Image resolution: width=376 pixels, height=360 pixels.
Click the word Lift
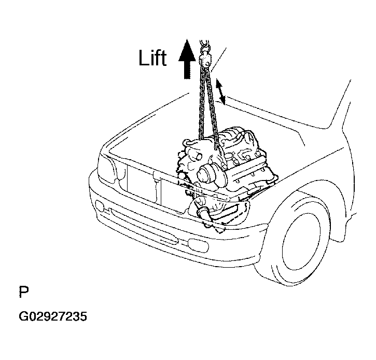coord(152,58)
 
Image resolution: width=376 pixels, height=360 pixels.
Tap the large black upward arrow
coord(187,59)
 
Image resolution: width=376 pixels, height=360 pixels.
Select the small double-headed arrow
coord(220,92)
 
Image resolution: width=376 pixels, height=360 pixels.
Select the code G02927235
coord(53,316)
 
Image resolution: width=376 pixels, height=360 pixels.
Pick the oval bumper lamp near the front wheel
coord(198,244)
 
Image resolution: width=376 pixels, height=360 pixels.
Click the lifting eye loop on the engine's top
coord(189,143)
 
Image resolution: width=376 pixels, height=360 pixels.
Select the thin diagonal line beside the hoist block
coord(218,60)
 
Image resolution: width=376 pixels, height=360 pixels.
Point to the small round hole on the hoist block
coord(207,64)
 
